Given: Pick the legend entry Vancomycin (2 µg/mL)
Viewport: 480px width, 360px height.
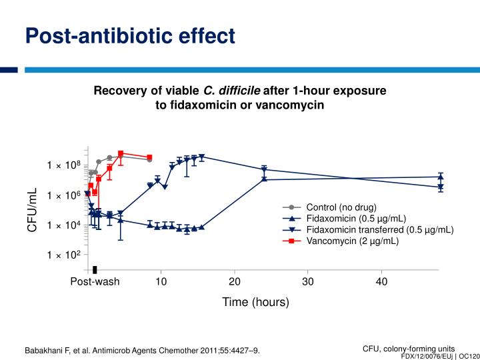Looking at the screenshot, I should click(352, 241).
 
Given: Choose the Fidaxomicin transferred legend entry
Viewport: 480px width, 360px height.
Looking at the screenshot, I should click(379, 230).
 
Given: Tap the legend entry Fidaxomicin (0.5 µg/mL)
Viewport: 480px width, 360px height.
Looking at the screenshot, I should click(356, 218).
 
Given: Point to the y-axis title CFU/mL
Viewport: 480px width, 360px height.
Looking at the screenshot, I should click(32, 210).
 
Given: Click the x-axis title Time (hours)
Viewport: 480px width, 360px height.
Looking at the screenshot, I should click(256, 302).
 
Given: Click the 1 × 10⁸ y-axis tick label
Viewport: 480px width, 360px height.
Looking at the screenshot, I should click(63, 165).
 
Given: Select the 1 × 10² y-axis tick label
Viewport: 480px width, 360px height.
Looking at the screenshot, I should click(63, 255).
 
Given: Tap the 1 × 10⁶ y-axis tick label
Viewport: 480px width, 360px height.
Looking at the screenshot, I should click(63, 195).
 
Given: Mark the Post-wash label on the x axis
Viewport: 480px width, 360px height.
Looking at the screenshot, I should click(95, 281).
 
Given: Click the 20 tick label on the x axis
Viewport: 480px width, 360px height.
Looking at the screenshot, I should click(235, 281).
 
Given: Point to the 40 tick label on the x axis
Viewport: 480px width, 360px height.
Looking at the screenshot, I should click(381, 281).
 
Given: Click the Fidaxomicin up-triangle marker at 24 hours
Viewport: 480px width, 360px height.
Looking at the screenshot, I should click(264, 179).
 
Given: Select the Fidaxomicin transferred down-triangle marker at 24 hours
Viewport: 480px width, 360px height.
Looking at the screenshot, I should click(264, 169).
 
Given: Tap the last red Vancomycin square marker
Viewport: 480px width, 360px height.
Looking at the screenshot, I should click(149, 157).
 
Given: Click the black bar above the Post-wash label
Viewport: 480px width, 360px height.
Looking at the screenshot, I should click(95, 269).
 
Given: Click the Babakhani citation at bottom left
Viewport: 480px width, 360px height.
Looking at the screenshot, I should click(142, 350).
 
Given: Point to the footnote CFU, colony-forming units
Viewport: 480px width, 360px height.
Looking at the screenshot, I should click(408, 348).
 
